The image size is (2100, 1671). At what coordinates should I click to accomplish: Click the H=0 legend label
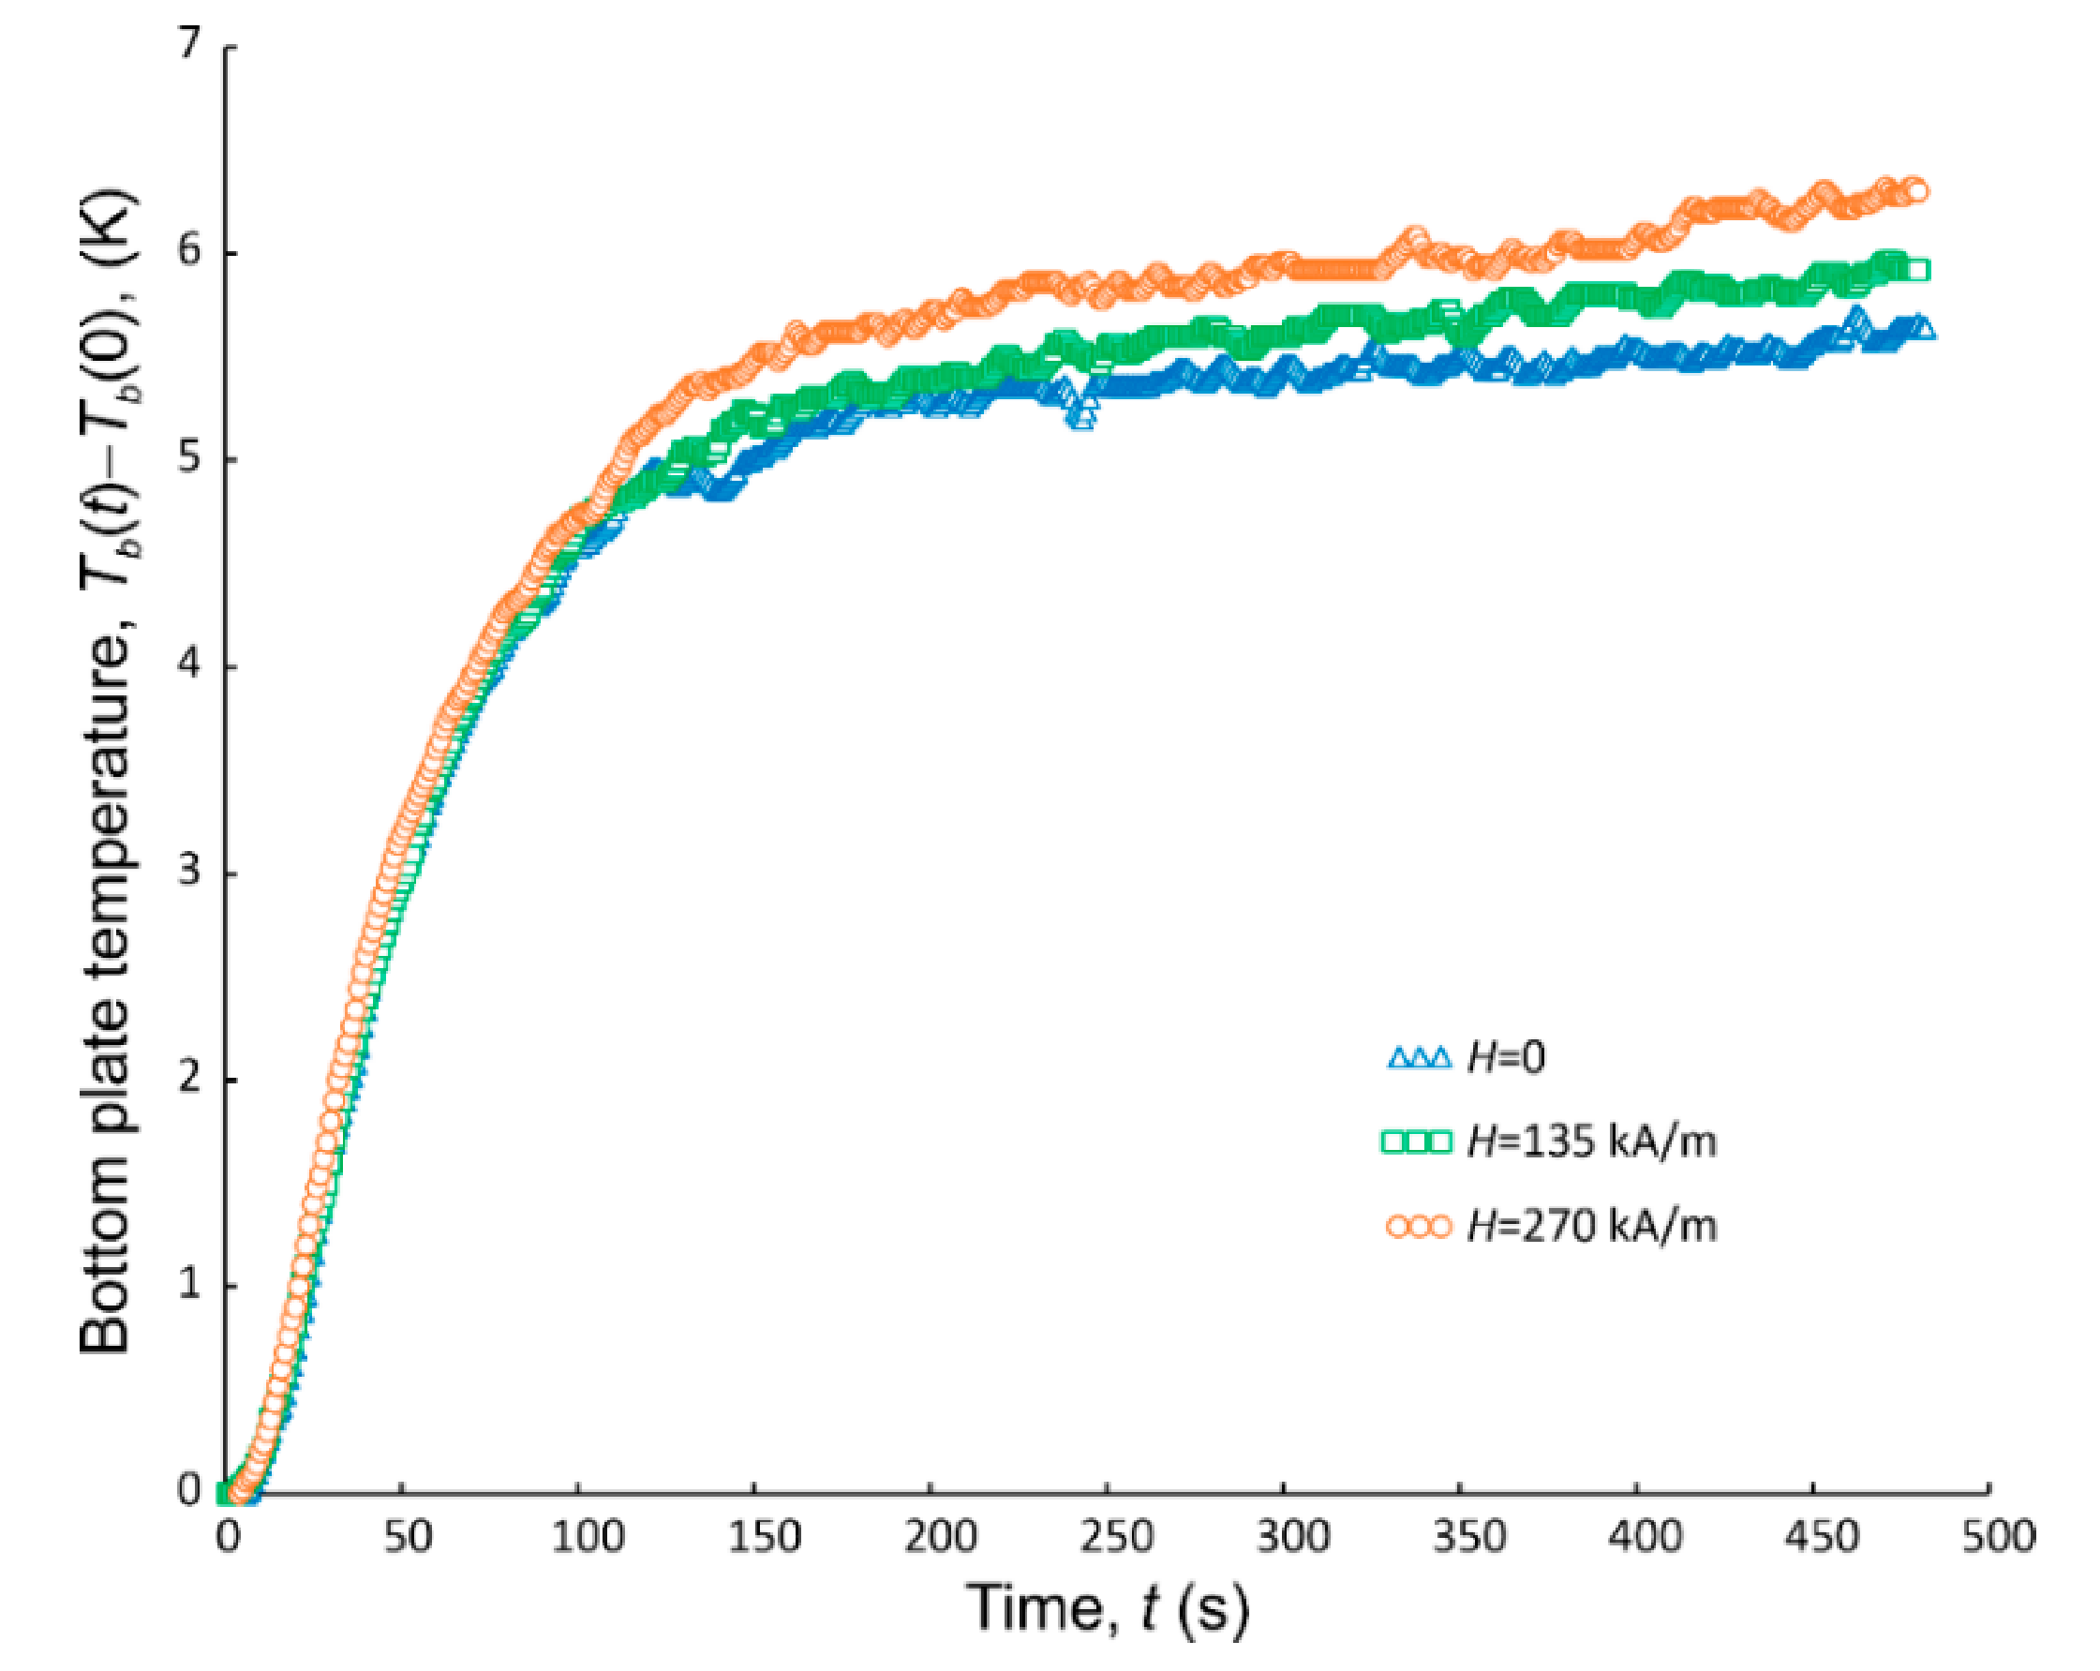(1505, 1057)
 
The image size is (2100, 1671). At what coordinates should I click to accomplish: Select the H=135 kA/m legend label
(1590, 1141)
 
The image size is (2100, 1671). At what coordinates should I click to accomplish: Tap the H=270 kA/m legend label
(1590, 1226)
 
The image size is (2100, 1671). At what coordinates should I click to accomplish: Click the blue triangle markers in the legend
(1418, 1058)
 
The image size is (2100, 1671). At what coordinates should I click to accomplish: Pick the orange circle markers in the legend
(1418, 1226)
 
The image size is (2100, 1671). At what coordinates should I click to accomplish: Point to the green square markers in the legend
(1418, 1141)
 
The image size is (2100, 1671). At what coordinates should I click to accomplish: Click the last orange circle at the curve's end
(1916, 190)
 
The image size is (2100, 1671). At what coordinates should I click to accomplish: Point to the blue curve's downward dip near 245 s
(1081, 417)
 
